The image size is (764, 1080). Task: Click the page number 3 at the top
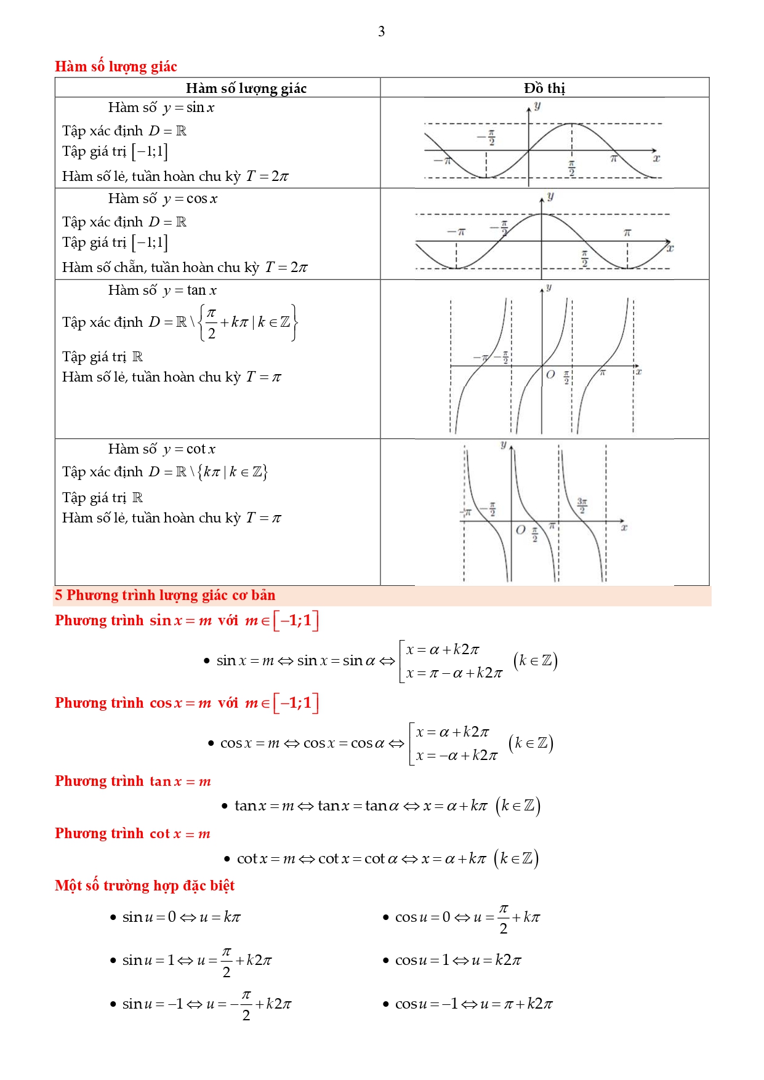click(x=381, y=31)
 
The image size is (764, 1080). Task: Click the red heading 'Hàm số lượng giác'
click(x=116, y=66)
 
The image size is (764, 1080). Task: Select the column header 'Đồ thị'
click(x=544, y=88)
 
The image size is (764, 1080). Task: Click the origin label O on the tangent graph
click(x=550, y=374)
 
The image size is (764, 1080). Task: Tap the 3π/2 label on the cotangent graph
click(x=582, y=505)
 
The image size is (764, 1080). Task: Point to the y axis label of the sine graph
click(x=537, y=106)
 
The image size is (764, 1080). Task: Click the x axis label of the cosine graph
click(x=670, y=249)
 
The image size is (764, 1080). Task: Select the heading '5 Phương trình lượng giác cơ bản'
click(x=165, y=595)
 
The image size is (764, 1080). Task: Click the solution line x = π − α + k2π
click(x=454, y=673)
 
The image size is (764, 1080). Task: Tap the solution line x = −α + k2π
click(x=456, y=756)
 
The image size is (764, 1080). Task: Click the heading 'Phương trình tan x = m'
click(x=133, y=782)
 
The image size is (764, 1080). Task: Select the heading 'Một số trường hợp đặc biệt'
click(x=145, y=886)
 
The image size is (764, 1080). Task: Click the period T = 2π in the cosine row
click(x=286, y=268)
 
